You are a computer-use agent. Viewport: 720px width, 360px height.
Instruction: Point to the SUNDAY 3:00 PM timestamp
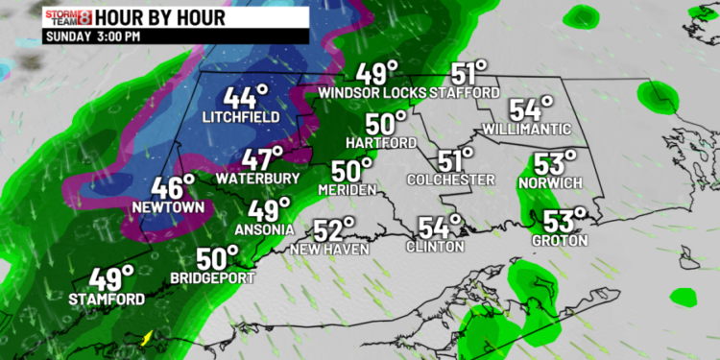(x=93, y=36)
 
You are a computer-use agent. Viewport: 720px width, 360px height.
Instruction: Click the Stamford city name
(x=107, y=300)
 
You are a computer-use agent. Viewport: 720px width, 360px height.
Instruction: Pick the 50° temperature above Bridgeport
(x=219, y=258)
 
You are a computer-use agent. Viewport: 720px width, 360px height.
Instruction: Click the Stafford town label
(x=465, y=93)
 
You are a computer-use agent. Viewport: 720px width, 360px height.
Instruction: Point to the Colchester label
(x=450, y=180)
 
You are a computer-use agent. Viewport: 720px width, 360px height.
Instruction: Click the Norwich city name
(x=545, y=181)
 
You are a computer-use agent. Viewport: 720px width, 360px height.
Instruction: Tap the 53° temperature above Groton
(x=561, y=221)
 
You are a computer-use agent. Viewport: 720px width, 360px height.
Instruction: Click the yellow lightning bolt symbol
(x=146, y=338)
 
